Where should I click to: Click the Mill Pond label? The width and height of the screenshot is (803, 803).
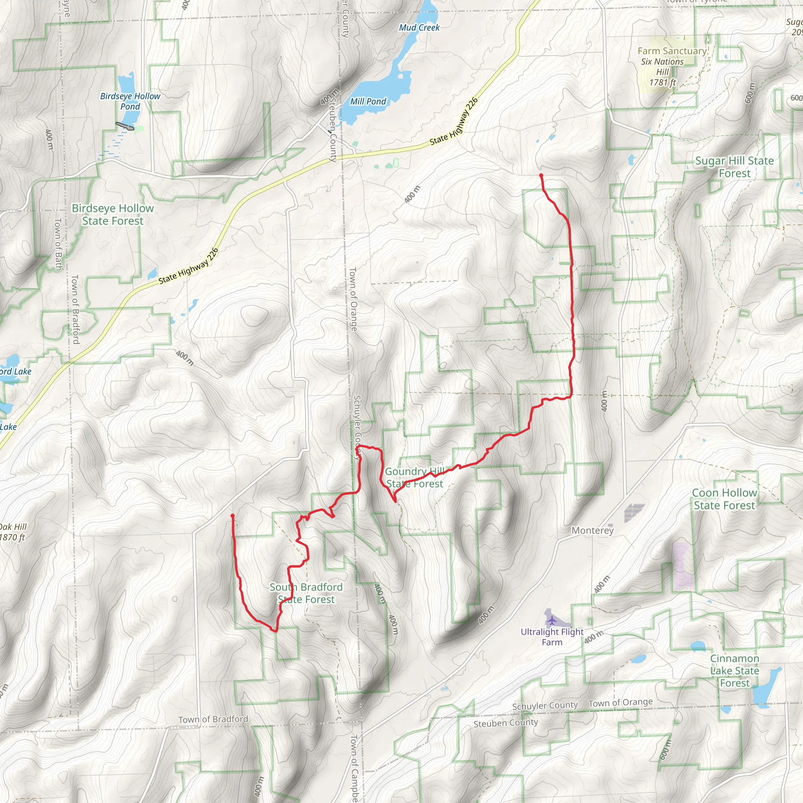click(x=368, y=102)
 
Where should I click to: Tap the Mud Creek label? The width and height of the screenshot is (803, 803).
click(x=419, y=28)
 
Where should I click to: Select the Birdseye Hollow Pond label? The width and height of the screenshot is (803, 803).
click(x=130, y=102)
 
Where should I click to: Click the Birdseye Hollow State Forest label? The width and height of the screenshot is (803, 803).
click(x=113, y=214)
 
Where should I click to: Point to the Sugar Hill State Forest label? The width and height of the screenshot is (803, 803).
click(x=734, y=167)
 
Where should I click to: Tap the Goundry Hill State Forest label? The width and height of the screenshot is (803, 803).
click(x=415, y=478)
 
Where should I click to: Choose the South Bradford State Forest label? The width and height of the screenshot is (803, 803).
click(x=306, y=593)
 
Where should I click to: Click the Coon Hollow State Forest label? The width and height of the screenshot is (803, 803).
click(x=725, y=499)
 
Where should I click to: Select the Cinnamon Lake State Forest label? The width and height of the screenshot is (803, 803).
click(x=734, y=671)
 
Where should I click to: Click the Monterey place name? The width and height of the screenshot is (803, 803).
click(x=592, y=530)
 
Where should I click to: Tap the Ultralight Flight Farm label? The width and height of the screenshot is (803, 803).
click(x=552, y=637)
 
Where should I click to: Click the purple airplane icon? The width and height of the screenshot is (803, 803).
click(x=552, y=621)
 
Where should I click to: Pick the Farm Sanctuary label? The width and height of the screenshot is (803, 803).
click(x=672, y=51)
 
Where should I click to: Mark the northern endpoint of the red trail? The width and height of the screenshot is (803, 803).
click(x=541, y=175)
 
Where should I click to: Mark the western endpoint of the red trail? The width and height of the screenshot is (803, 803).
click(x=233, y=516)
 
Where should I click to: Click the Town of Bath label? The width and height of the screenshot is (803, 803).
click(x=58, y=244)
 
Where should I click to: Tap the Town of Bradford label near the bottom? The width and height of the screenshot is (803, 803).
click(x=213, y=719)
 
